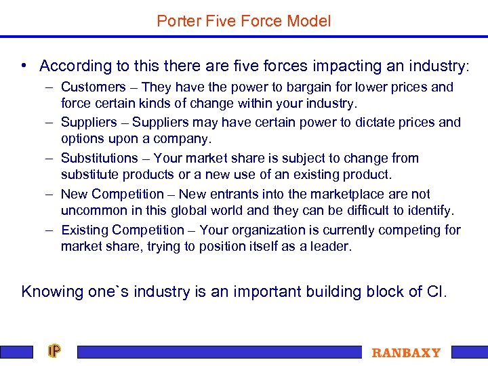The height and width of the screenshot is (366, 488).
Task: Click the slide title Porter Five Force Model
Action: (243, 21)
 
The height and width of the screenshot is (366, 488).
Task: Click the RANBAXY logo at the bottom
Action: (406, 352)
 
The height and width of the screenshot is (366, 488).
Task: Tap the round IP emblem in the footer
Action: (54, 351)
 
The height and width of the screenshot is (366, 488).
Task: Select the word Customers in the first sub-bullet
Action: (94, 87)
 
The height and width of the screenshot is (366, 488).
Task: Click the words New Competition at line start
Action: (113, 194)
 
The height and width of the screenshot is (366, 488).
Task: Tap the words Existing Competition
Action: (122, 230)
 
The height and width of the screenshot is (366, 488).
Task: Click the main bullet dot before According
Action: (24, 66)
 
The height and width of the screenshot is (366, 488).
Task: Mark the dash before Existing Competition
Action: (51, 230)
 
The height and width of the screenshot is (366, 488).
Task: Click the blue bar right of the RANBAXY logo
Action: (469, 352)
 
